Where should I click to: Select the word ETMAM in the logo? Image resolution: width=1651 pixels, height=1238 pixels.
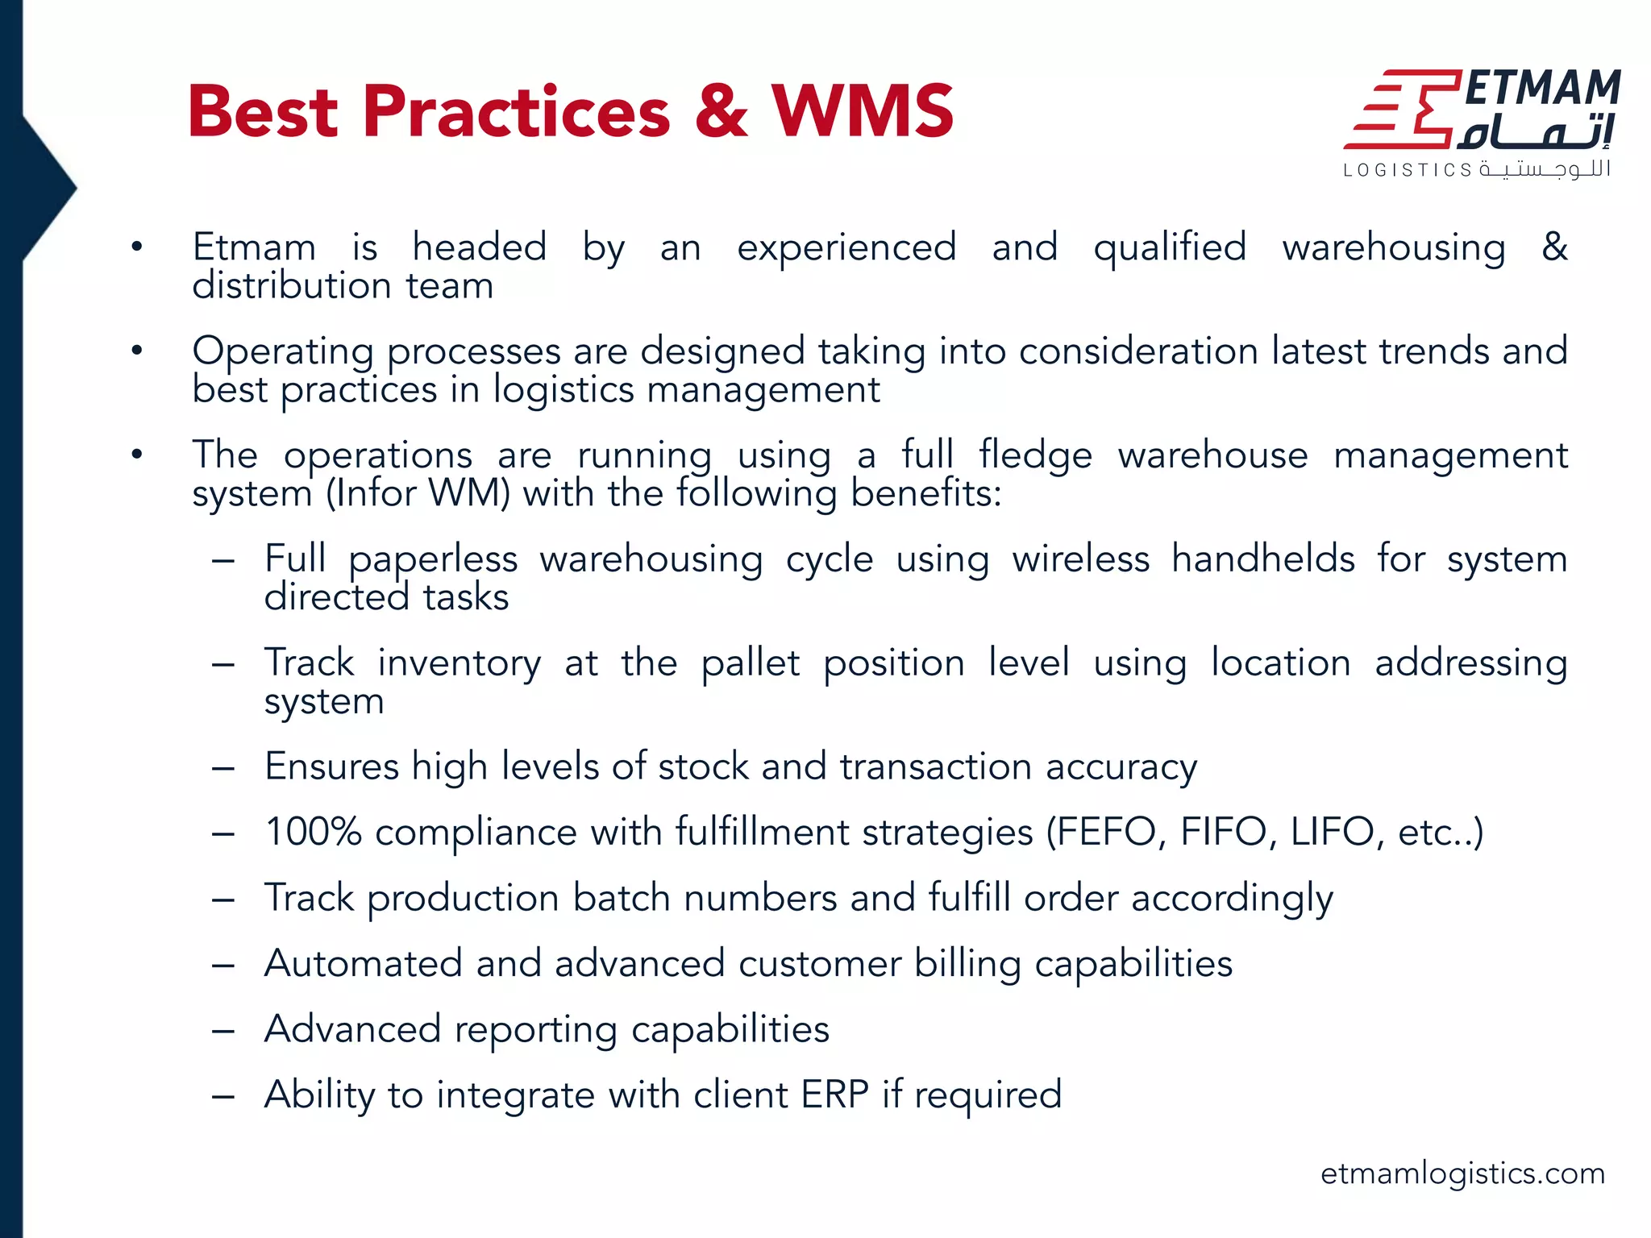(x=1542, y=89)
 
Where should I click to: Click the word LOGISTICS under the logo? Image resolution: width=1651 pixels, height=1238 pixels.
(x=1407, y=170)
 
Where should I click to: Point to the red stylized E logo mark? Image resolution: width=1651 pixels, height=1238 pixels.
(x=1403, y=110)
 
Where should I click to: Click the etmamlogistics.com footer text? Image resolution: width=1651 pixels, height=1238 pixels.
(x=1462, y=1174)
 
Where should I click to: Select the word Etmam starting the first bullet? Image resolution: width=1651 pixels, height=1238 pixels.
(x=254, y=247)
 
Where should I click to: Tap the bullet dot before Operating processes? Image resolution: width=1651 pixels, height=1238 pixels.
(x=137, y=351)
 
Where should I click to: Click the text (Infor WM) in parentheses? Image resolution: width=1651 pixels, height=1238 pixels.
(x=418, y=493)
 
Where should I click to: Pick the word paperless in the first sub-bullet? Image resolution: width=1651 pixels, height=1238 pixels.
(x=433, y=559)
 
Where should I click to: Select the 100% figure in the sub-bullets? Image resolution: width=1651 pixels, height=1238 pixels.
(x=314, y=832)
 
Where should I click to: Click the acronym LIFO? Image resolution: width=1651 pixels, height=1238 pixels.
(x=1335, y=832)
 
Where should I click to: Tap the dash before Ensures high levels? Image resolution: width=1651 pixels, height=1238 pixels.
(x=223, y=768)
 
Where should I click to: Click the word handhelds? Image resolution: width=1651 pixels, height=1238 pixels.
(x=1262, y=559)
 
